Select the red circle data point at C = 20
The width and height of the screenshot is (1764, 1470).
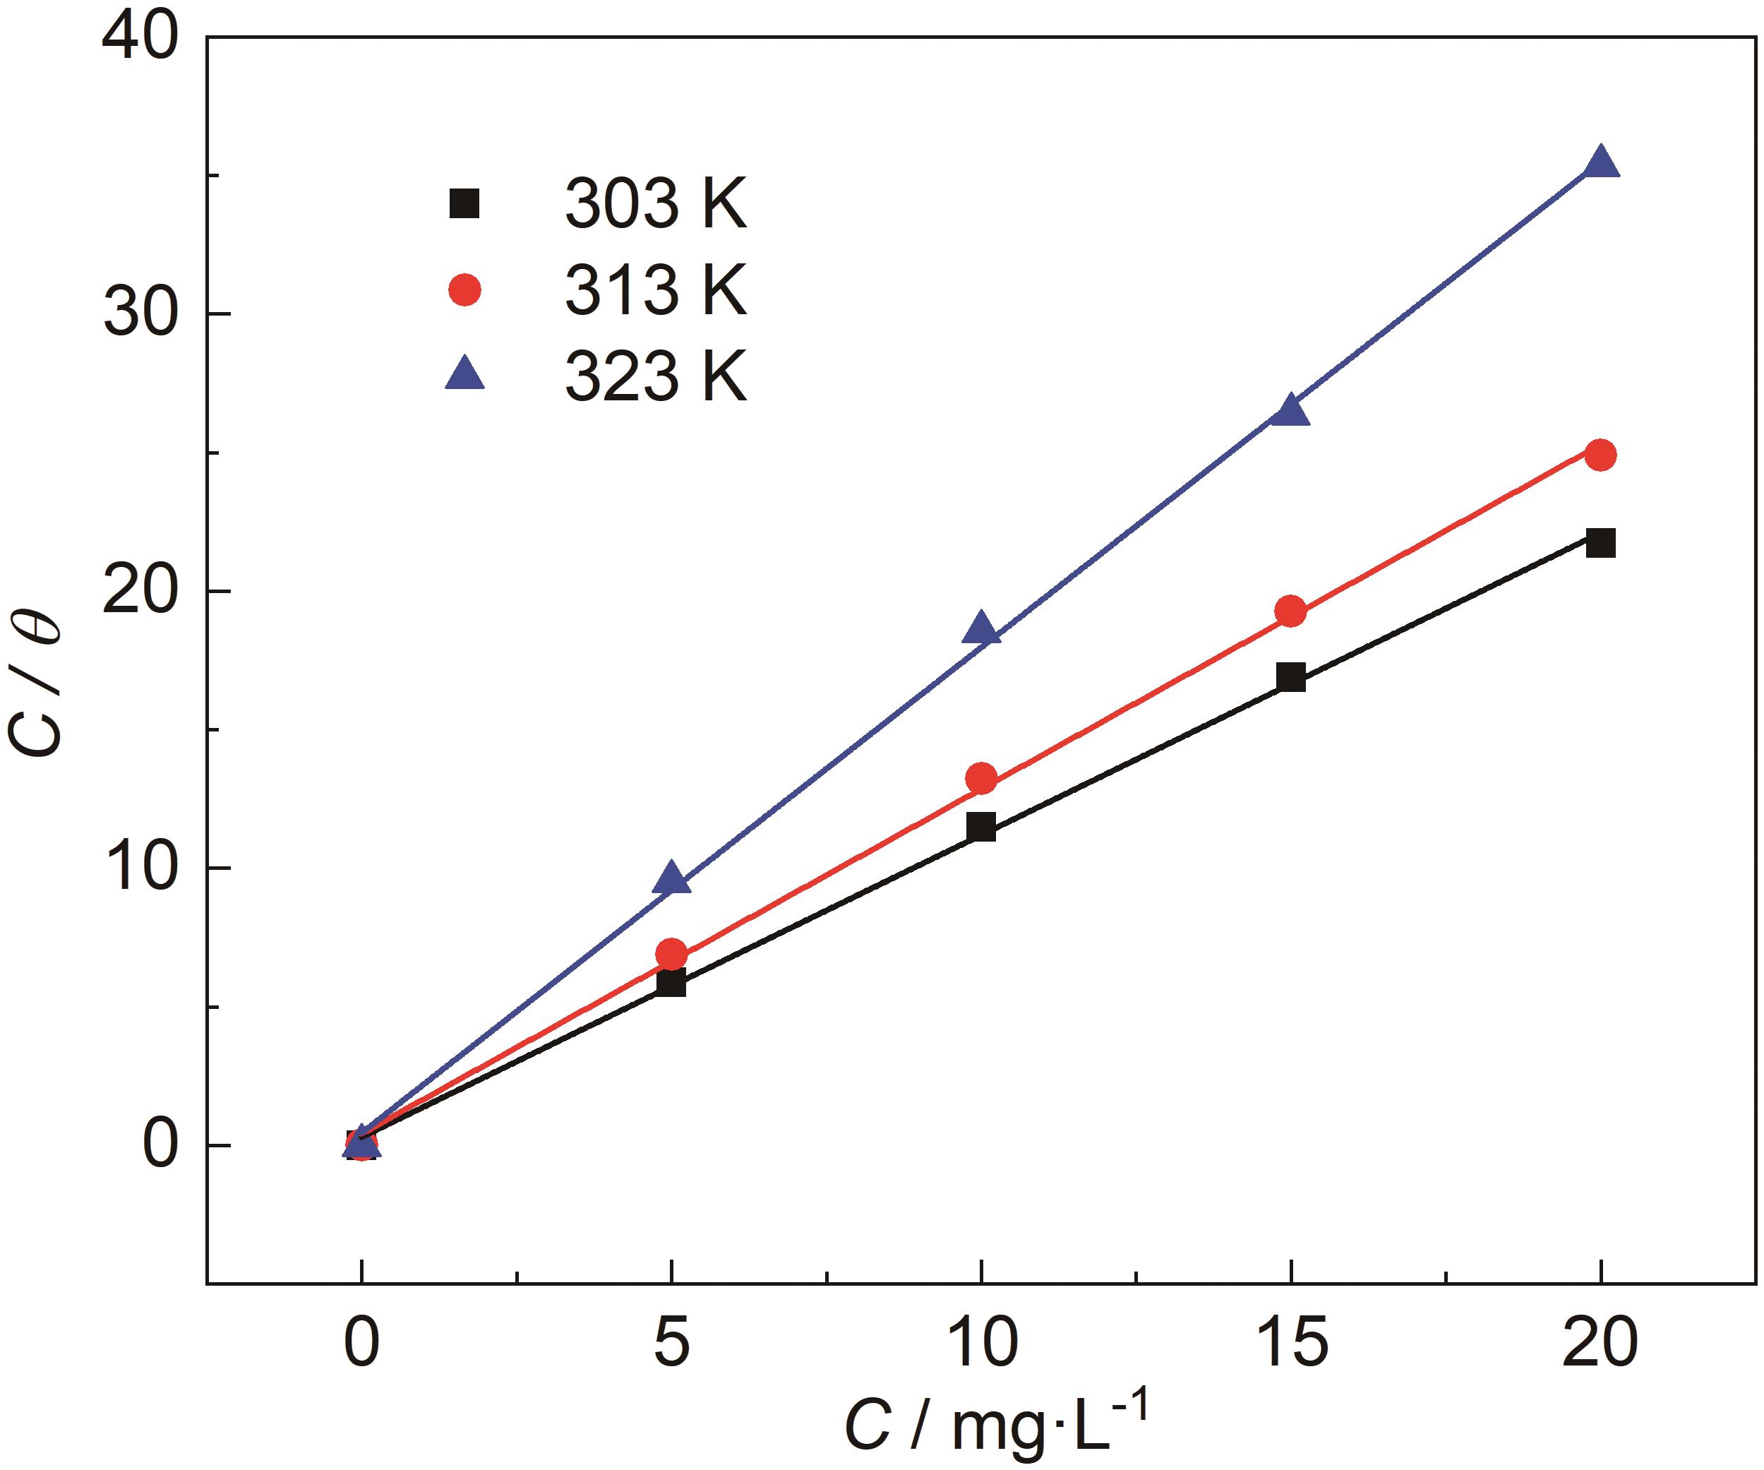pyautogui.click(x=1600, y=455)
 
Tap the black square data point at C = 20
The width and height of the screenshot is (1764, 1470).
pyautogui.click(x=1600, y=543)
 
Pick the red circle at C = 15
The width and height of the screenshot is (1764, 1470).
pyautogui.click(x=1290, y=611)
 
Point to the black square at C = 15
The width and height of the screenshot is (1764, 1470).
pyautogui.click(x=1290, y=677)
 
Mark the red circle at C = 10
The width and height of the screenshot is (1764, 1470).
pyautogui.click(x=981, y=779)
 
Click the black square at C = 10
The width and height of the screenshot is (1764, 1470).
pyautogui.click(x=981, y=827)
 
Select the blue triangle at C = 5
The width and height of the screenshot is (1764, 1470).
pyautogui.click(x=671, y=878)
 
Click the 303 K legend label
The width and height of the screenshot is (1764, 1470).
pyautogui.click(x=655, y=204)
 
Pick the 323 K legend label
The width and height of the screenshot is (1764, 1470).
pyautogui.click(x=655, y=377)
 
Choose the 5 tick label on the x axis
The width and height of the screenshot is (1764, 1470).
pyautogui.click(x=671, y=1341)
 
